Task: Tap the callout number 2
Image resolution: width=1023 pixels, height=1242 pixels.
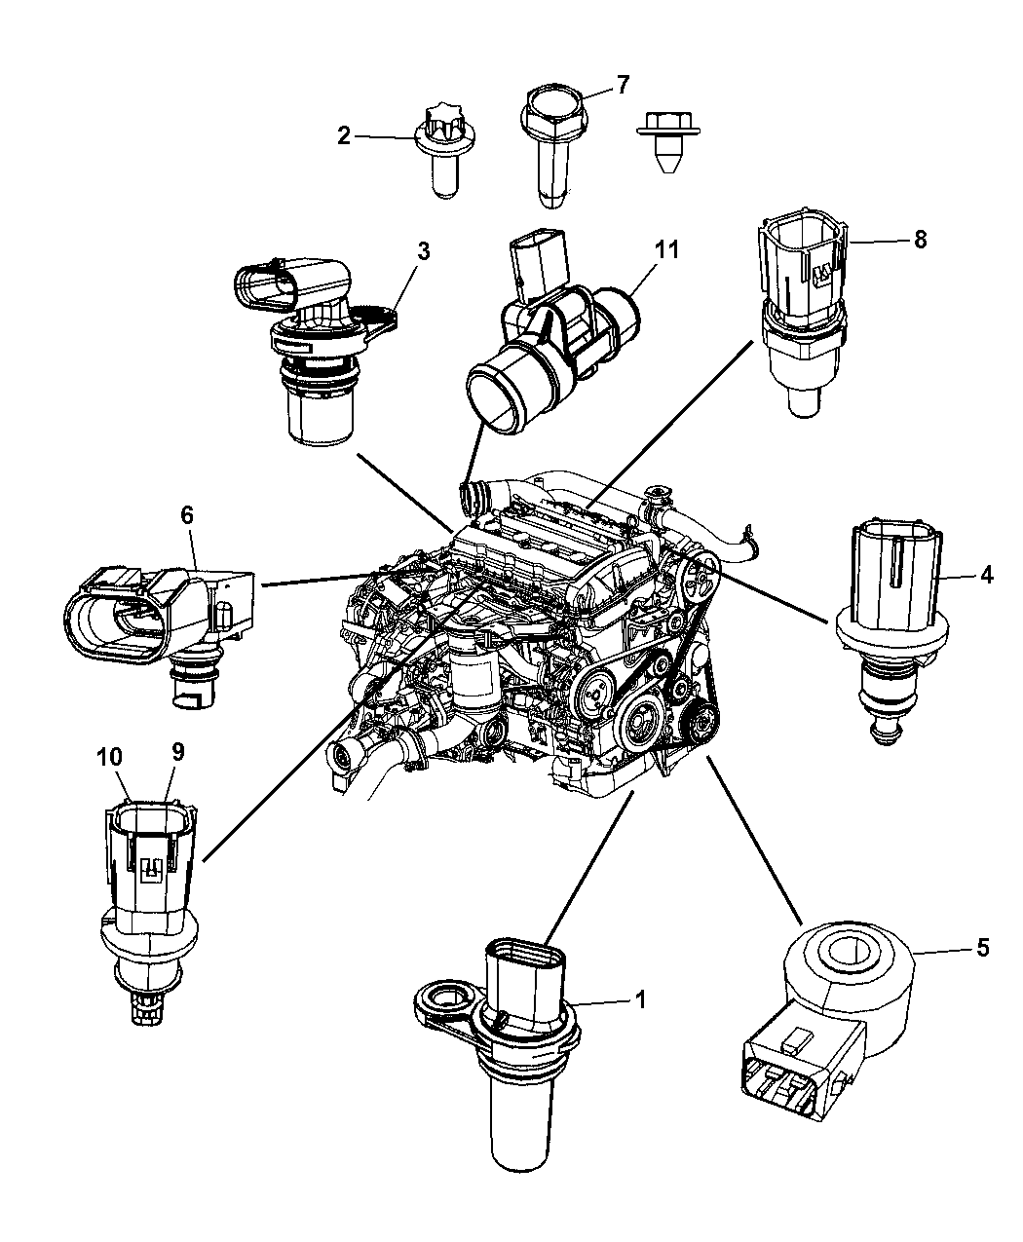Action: [x=344, y=136]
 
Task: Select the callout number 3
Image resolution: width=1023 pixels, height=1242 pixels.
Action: [x=423, y=251]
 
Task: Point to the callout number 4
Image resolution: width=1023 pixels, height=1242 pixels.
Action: [x=986, y=576]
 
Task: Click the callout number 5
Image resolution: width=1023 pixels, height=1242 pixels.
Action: [x=982, y=946]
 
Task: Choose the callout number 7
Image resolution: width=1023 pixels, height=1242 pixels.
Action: [x=624, y=86]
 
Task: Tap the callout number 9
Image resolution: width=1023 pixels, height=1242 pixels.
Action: [x=177, y=751]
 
